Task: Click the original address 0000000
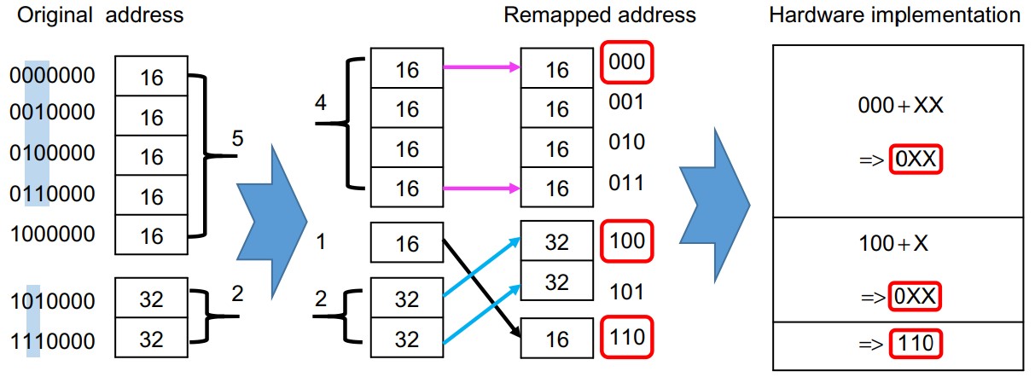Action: click(x=51, y=77)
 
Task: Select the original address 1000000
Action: click(x=51, y=233)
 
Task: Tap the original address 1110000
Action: click(x=51, y=339)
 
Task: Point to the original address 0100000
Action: click(x=51, y=155)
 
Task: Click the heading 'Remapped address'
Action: click(x=600, y=14)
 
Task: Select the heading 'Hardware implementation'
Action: click(x=895, y=14)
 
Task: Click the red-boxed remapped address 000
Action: click(x=627, y=62)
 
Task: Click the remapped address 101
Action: click(x=627, y=291)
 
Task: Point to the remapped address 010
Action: click(x=627, y=142)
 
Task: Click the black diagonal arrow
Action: click(x=481, y=286)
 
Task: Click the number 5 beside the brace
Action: click(x=237, y=137)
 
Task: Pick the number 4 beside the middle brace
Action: click(x=320, y=103)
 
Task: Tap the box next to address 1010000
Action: click(x=151, y=299)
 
